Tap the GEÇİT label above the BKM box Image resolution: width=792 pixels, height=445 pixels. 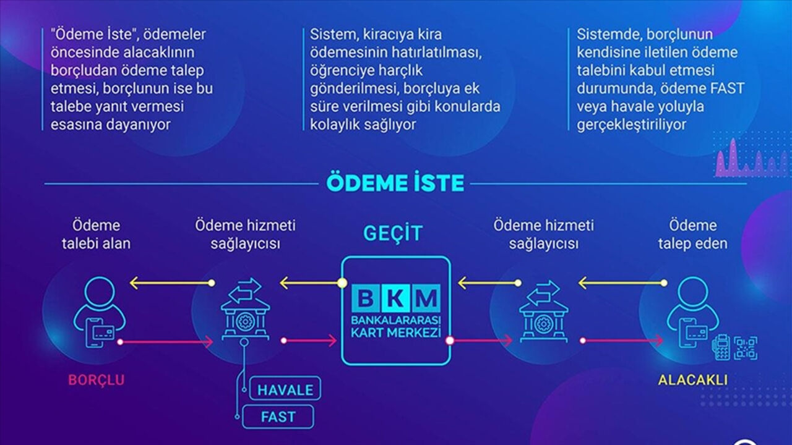(x=393, y=234)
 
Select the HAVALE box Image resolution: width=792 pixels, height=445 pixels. (x=285, y=389)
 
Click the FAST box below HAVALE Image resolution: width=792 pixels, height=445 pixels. (x=278, y=417)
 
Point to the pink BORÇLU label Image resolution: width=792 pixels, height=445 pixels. (x=96, y=380)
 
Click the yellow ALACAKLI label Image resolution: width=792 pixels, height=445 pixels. (x=692, y=380)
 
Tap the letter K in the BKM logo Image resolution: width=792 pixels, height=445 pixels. (x=396, y=298)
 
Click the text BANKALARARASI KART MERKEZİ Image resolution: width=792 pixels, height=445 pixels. (x=396, y=327)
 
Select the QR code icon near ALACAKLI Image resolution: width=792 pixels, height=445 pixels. (x=746, y=348)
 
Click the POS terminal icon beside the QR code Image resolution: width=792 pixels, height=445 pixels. (x=721, y=348)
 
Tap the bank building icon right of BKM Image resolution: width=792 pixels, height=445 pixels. (x=543, y=311)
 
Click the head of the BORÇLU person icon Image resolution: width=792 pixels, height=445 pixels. (x=100, y=293)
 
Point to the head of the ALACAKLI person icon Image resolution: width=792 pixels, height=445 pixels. (x=692, y=293)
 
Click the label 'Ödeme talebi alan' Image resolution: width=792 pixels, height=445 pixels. (x=96, y=234)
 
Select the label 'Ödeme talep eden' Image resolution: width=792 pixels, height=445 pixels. (x=692, y=234)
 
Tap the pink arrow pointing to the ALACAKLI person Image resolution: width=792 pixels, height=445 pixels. (x=622, y=341)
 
